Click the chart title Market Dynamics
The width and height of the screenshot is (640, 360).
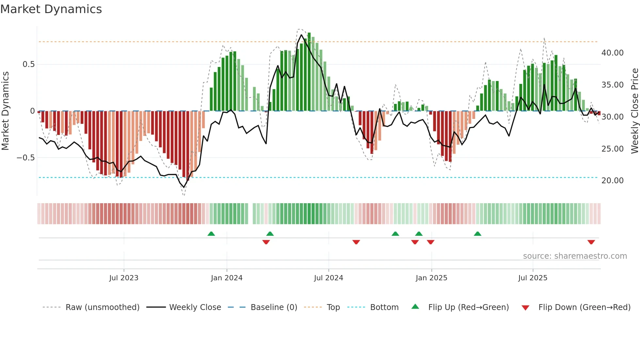click(51, 9)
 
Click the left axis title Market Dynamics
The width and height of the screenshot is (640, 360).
click(5, 111)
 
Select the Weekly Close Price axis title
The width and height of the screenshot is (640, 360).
click(634, 111)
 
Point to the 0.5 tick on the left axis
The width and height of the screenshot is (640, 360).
click(29, 64)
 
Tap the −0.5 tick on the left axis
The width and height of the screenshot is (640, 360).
click(26, 158)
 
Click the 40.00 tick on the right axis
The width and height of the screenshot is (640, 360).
click(612, 53)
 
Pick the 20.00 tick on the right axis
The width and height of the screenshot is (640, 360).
click(612, 181)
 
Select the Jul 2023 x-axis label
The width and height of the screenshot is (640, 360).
click(124, 278)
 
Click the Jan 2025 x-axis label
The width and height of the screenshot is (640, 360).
click(431, 278)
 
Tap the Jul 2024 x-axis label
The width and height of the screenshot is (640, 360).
click(328, 278)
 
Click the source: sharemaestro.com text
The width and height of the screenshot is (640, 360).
click(575, 256)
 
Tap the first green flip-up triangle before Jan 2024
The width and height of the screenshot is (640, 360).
click(211, 234)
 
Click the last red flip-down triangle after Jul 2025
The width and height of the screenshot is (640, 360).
click(591, 242)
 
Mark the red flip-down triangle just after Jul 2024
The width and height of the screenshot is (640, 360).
click(356, 242)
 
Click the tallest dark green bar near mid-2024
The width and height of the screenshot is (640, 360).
click(309, 72)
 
